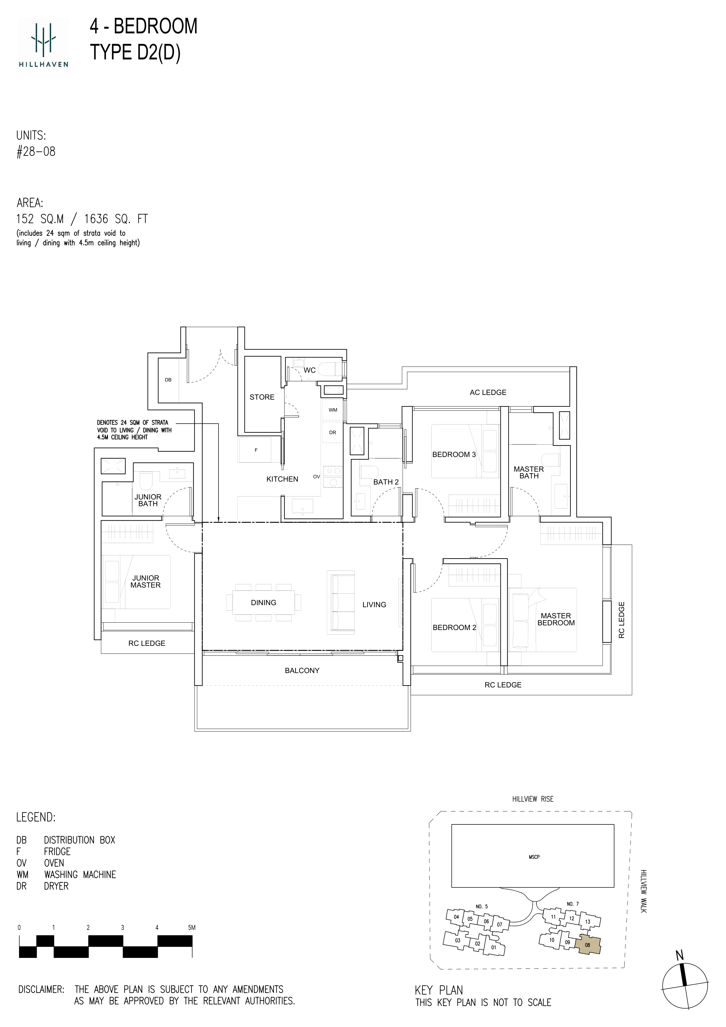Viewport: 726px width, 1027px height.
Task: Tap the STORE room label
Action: [x=262, y=397]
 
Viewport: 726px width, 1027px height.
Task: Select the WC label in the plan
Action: [x=310, y=370]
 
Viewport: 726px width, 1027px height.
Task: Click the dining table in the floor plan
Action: [x=264, y=602]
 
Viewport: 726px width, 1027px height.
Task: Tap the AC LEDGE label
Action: [x=488, y=392]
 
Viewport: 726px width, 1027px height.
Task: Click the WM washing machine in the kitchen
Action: [x=333, y=410]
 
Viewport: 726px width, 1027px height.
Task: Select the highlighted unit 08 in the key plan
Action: [x=587, y=945]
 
